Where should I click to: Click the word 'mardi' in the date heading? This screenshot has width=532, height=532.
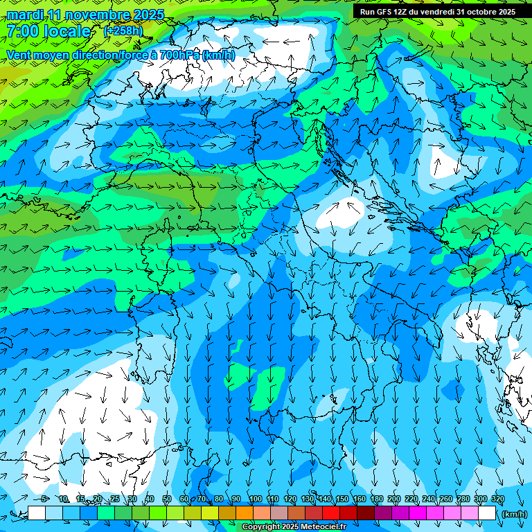point(25,15)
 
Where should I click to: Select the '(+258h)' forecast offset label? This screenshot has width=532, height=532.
point(123,30)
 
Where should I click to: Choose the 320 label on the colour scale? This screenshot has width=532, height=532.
point(497,499)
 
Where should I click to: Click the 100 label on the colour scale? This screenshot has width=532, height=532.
point(255,499)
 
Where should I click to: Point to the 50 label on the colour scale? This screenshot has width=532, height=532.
point(167,499)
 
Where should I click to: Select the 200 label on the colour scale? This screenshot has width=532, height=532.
point(393,499)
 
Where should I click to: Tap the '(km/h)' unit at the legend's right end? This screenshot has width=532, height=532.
point(513,513)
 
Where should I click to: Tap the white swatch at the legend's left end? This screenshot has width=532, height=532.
point(37,513)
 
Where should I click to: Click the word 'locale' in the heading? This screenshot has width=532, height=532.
point(67,31)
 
